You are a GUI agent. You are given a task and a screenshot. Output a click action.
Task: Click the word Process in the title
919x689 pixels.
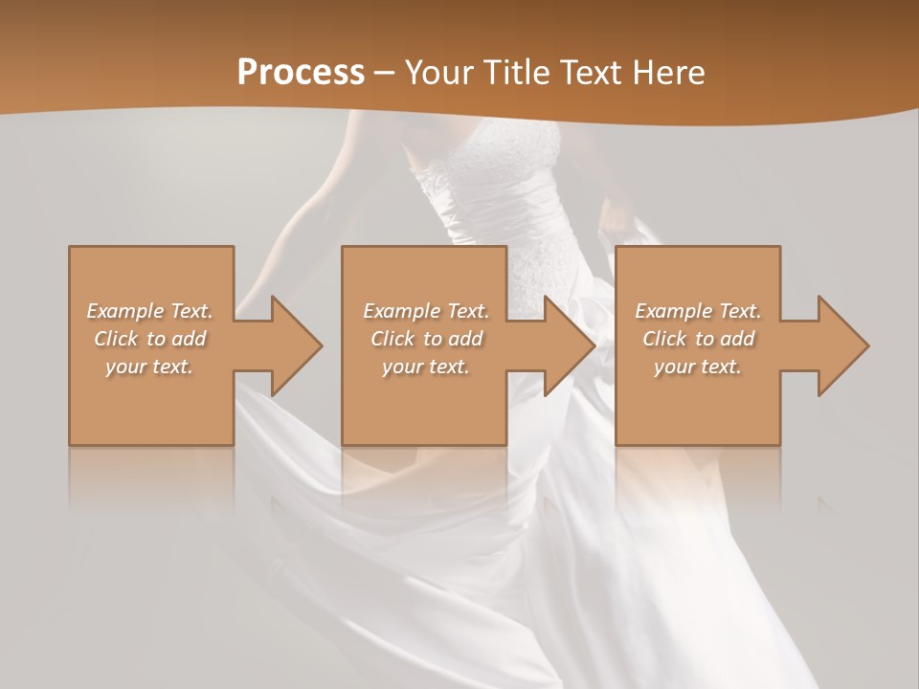click(x=301, y=73)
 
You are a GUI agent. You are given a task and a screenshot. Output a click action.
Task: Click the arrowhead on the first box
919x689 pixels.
click(x=292, y=345)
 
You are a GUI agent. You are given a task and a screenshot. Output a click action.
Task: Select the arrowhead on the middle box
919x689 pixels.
click(x=566, y=345)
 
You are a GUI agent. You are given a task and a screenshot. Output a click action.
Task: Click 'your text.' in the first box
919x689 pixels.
click(x=149, y=367)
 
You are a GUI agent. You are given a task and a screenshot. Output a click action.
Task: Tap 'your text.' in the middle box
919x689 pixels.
click(x=425, y=367)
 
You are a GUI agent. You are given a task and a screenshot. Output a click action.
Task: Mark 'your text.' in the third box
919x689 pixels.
click(x=698, y=367)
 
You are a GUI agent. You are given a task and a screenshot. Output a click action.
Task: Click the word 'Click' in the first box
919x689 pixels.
click(x=116, y=339)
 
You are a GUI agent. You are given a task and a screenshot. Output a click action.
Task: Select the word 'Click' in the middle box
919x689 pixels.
click(x=392, y=339)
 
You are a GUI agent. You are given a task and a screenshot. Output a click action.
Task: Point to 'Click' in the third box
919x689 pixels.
click(x=664, y=339)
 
